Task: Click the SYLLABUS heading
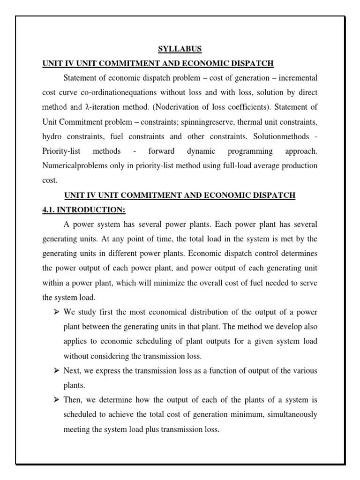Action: tap(180, 49)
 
